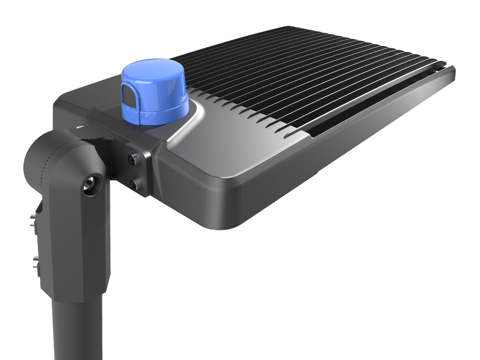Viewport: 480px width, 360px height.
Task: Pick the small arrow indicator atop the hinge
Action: click(x=81, y=127)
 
